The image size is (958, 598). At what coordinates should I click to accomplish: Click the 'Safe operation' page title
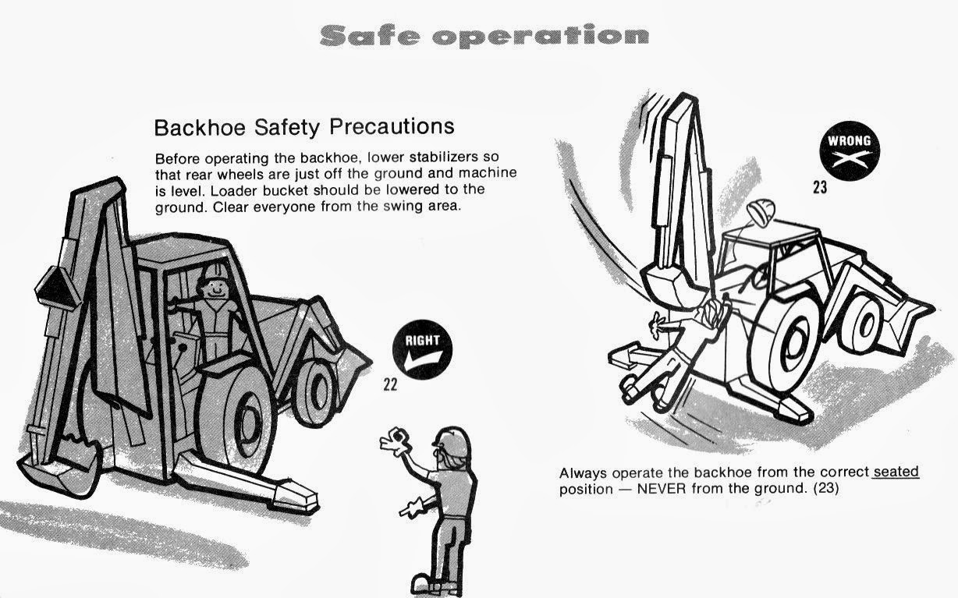point(484,35)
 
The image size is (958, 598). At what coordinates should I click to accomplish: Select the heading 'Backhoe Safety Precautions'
point(304,126)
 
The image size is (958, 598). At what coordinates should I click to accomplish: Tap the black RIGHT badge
point(422,349)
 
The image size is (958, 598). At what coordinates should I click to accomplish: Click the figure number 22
point(390,384)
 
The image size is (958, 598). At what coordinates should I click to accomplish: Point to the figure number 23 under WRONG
point(819,187)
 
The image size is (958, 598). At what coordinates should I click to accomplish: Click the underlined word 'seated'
point(896,472)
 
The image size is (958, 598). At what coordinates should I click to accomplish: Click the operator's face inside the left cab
point(212,286)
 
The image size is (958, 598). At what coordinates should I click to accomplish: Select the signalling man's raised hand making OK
point(395,442)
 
